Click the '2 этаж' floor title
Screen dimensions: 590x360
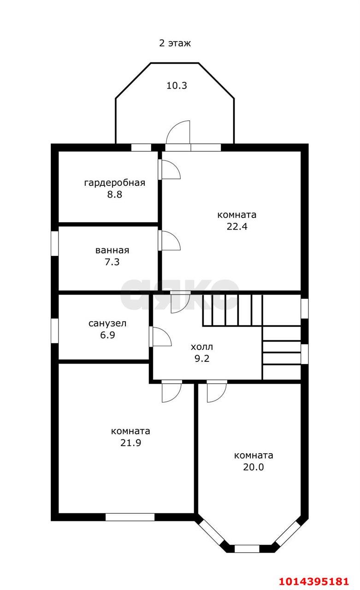coord(175,43)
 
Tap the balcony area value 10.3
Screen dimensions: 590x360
coord(177,85)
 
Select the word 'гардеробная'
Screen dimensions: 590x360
coord(114,183)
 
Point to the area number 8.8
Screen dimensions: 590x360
coord(114,194)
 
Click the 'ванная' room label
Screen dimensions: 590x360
coord(112,251)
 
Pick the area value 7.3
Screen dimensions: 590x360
coord(112,262)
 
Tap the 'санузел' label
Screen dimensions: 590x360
coord(107,324)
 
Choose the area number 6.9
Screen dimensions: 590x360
coord(107,335)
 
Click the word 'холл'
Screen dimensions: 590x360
coord(202,347)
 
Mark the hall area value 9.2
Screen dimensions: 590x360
coord(202,359)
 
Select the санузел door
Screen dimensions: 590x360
coord(161,336)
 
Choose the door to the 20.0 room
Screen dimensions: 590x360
coord(216,392)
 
